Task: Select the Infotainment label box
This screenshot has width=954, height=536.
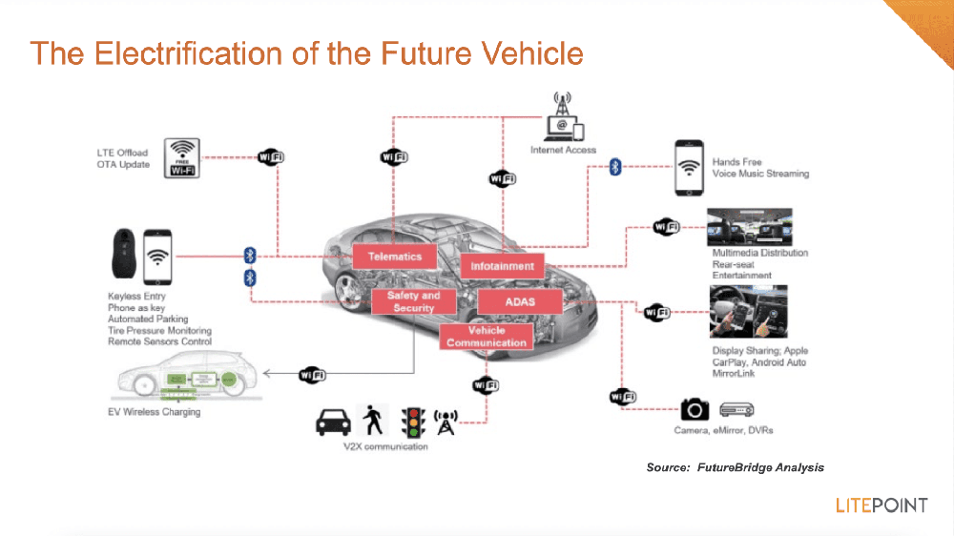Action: [x=502, y=265]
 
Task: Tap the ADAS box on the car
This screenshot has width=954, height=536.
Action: [x=519, y=302]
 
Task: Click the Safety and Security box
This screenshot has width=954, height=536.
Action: [x=413, y=301]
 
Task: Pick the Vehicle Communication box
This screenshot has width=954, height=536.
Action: [x=486, y=336]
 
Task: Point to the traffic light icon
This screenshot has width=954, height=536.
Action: [x=412, y=420]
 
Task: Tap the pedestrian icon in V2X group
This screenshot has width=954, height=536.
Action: [x=370, y=420]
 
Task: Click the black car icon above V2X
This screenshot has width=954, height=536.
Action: [x=333, y=421]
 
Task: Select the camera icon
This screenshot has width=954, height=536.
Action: [x=695, y=409]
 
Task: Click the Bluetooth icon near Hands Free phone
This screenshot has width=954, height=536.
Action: [x=615, y=168]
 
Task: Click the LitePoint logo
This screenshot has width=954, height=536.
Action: [x=881, y=505]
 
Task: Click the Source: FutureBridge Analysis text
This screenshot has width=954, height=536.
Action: [x=735, y=467]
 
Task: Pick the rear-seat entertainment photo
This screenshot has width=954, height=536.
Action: [x=747, y=229]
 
